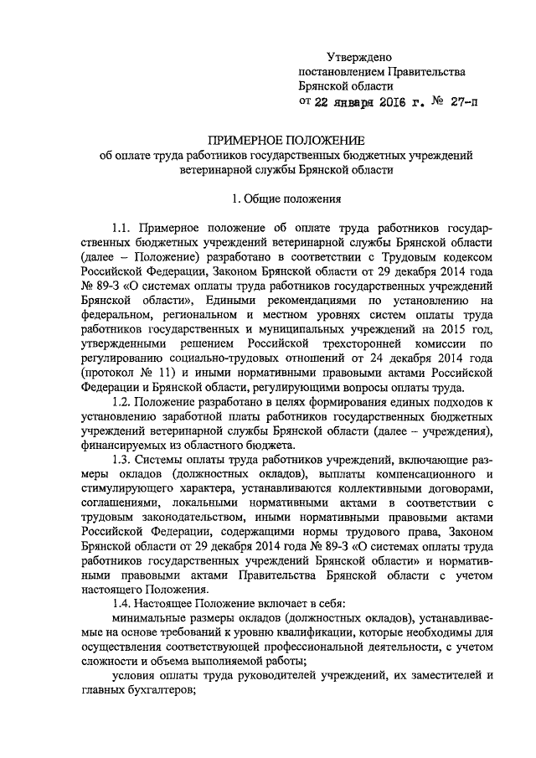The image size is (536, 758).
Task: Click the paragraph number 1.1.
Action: (123, 229)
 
